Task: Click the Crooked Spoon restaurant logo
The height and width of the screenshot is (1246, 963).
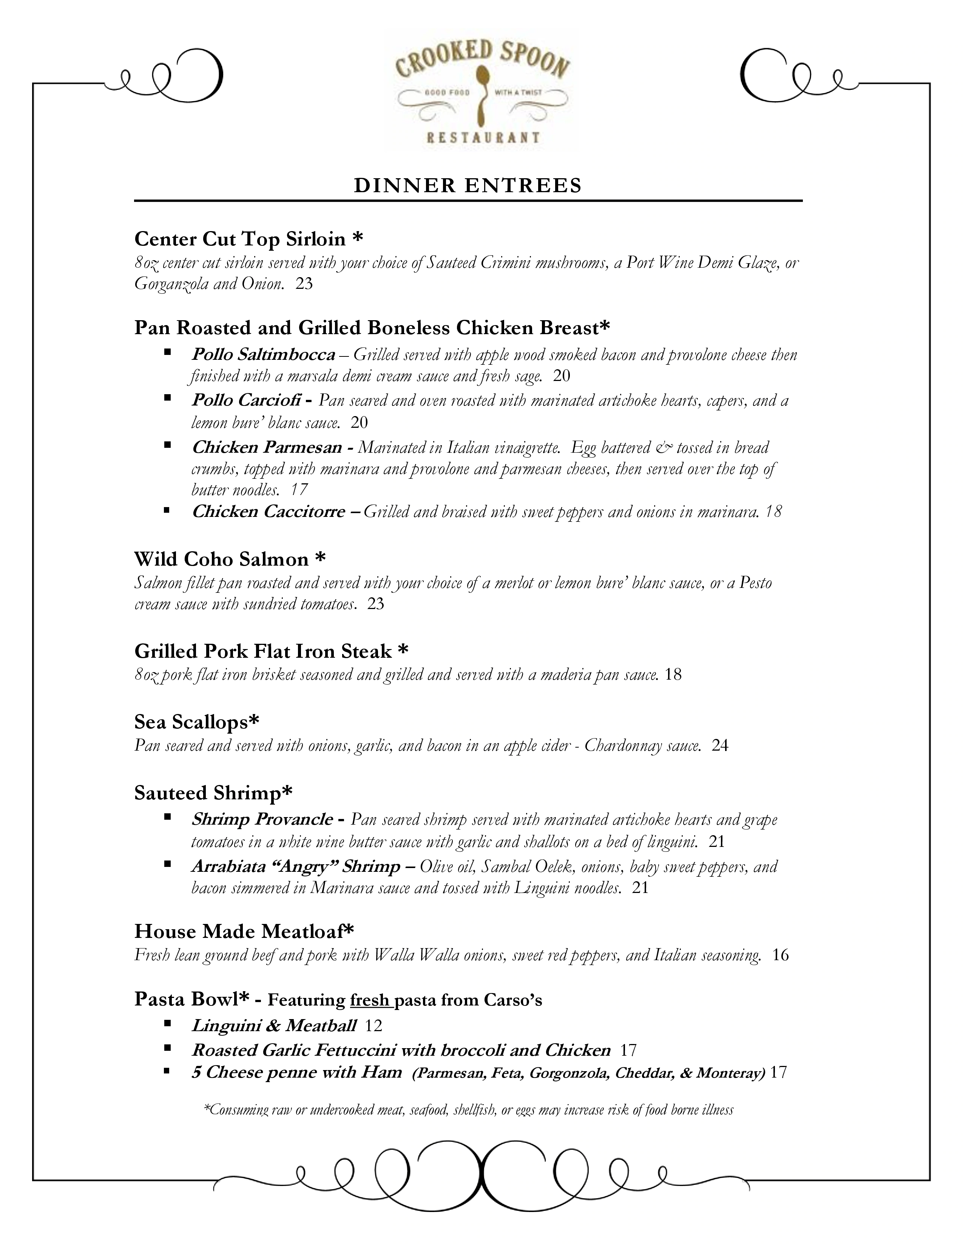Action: [x=482, y=91]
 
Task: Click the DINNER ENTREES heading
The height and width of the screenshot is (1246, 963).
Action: [x=468, y=186]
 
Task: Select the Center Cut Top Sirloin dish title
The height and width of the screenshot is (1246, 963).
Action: [x=248, y=239]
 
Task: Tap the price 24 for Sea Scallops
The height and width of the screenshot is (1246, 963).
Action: [x=720, y=746]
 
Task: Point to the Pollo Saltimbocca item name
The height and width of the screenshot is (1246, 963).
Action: [x=263, y=355]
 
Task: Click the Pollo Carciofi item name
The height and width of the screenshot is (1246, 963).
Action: [x=246, y=401]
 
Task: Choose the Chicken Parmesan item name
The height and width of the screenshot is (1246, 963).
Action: [x=266, y=447]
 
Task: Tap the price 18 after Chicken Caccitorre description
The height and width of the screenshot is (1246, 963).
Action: [x=773, y=512]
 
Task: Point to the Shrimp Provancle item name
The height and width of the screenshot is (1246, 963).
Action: [x=262, y=820]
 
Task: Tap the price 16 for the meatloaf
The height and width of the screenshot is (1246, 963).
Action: [x=781, y=955]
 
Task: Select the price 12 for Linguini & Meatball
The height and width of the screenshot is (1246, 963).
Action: [x=373, y=1026]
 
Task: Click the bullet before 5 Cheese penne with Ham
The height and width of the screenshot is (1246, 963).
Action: [x=167, y=1072]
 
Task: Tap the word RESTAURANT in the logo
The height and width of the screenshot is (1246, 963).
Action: [x=483, y=137]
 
